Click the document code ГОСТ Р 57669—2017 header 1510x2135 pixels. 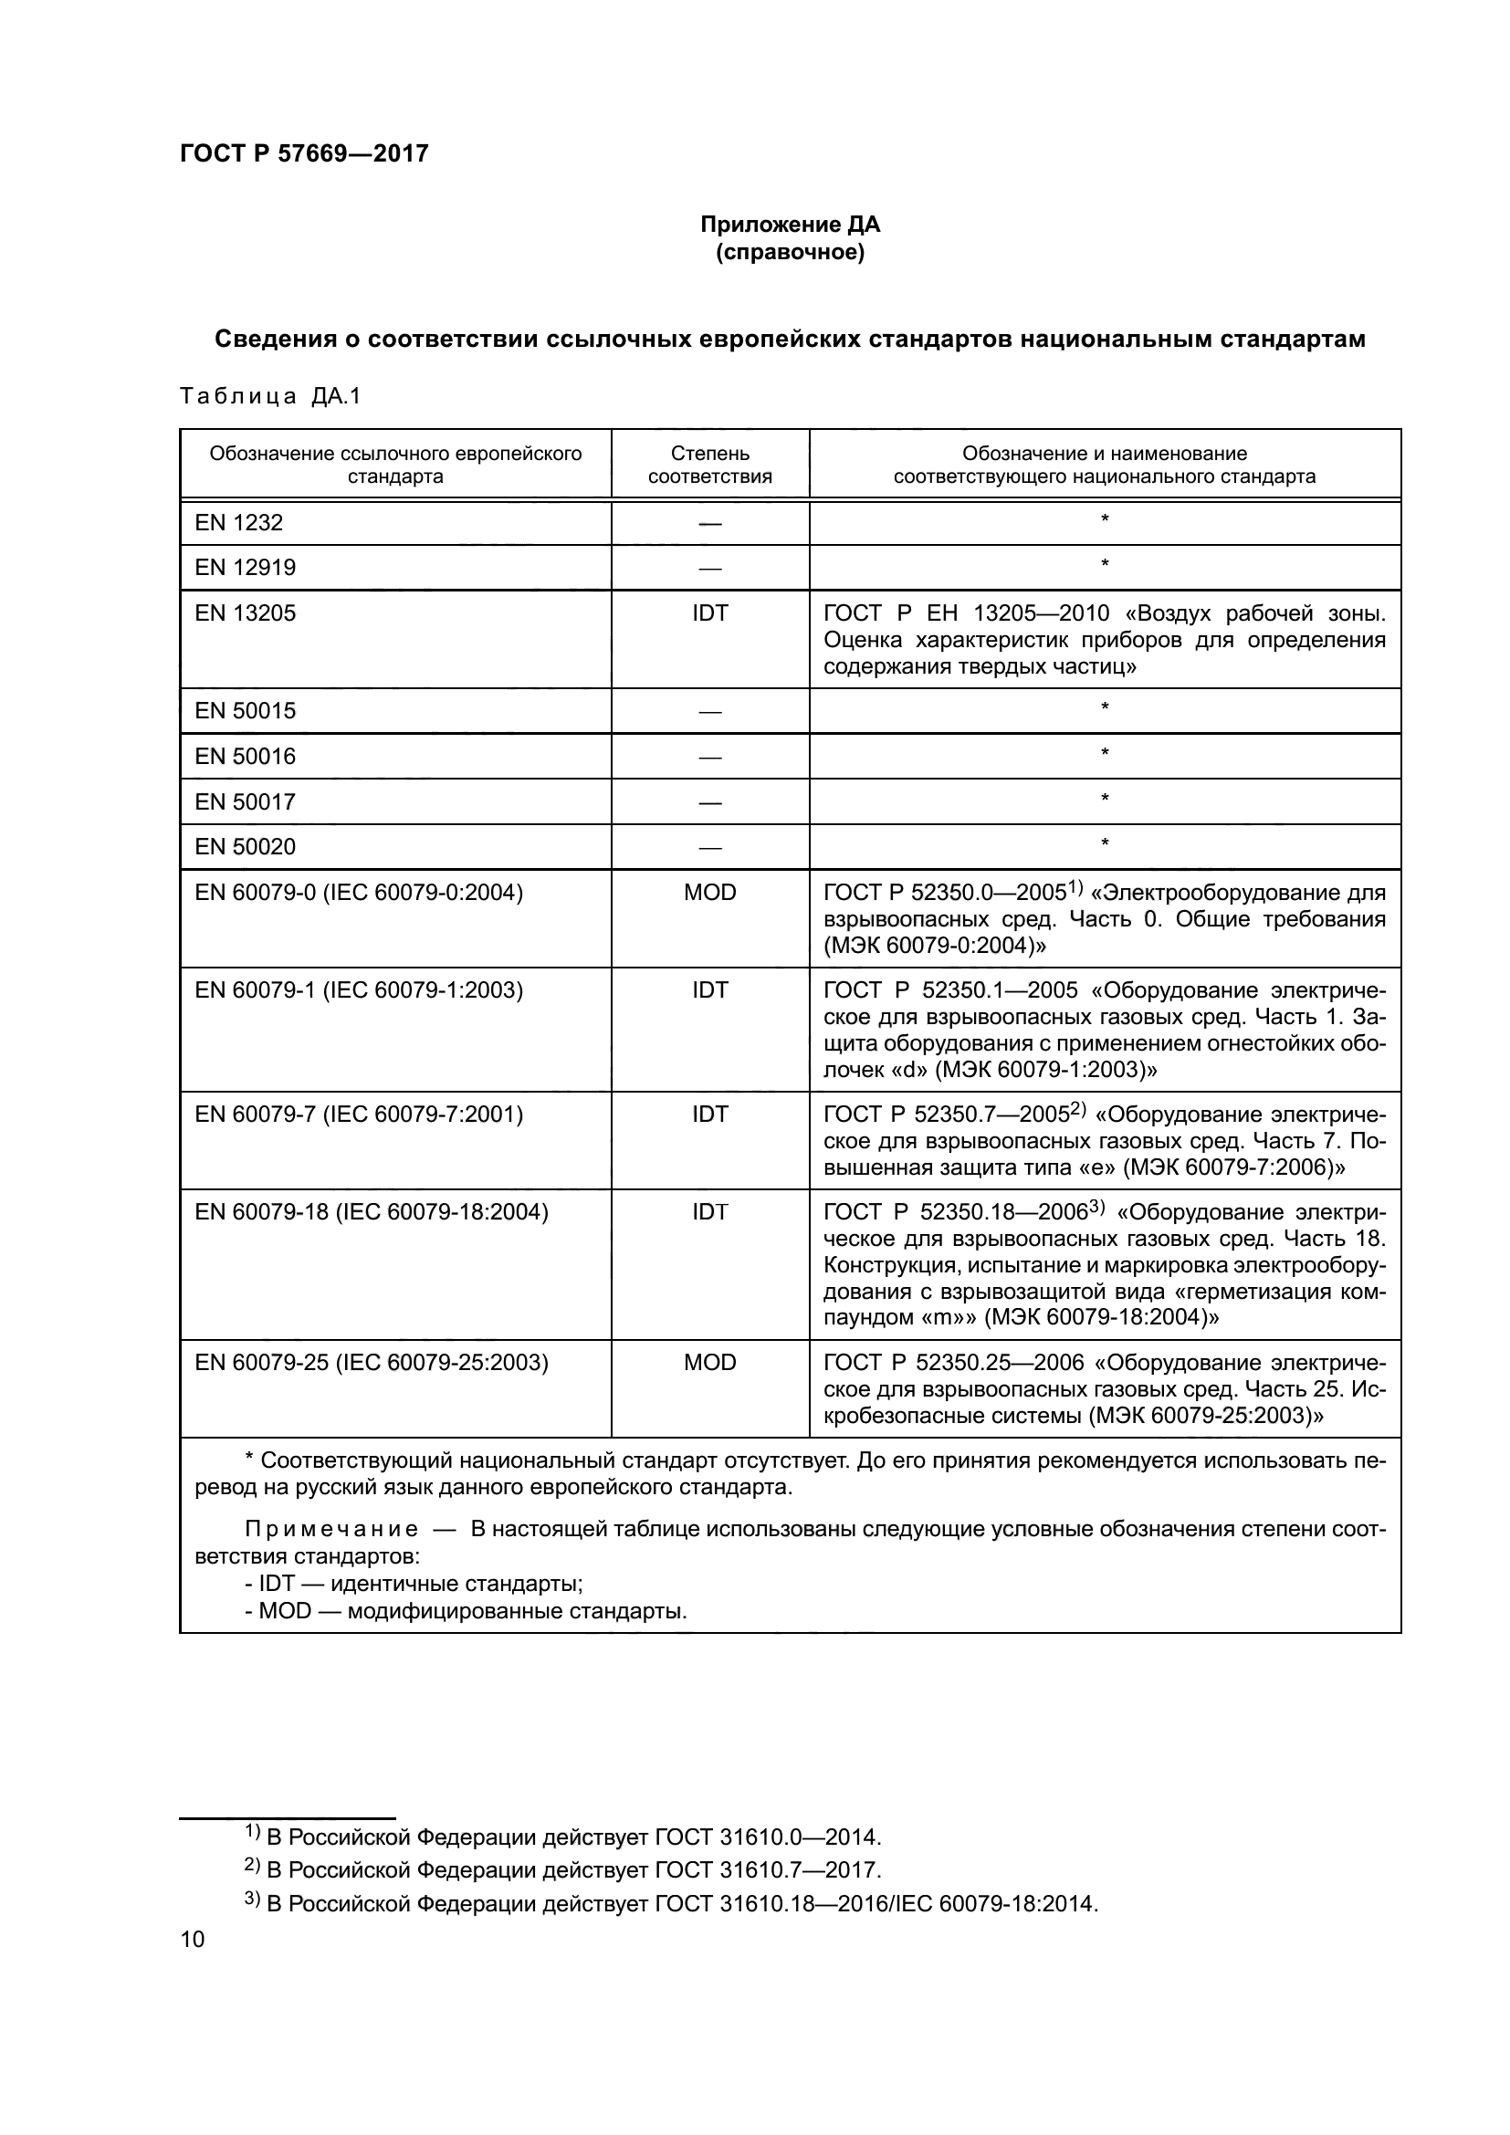304,153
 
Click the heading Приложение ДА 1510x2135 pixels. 790,225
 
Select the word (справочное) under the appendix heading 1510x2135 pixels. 790,252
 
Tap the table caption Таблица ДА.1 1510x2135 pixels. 269,396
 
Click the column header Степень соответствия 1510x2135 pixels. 709,465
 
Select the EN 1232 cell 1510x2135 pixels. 239,523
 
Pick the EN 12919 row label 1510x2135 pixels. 245,567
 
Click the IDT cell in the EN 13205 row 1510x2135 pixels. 709,612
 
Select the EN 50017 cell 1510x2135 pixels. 245,801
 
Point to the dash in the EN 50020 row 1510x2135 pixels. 709,848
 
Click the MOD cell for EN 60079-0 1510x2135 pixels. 709,893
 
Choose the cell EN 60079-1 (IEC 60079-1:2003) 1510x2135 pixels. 359,990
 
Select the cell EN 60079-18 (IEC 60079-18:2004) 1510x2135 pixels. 371,1211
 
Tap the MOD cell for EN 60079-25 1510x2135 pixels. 709,1362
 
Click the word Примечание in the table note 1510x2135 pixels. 331,1530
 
